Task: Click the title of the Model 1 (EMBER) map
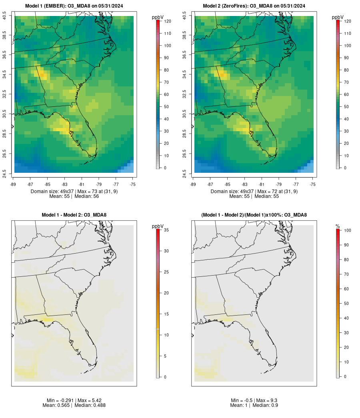pyautogui.click(x=74, y=6)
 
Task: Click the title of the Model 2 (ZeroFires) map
pyautogui.click(x=254, y=6)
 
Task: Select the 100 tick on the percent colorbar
pyautogui.click(x=347, y=230)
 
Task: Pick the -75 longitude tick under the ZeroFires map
pyautogui.click(x=313, y=184)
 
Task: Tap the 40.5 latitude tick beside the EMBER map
pyautogui.click(x=5, y=16)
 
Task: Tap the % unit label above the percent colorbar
pyautogui.click(x=338, y=226)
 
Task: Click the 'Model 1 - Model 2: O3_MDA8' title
pyautogui.click(x=74, y=215)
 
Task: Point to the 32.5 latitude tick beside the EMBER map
pyautogui.click(x=5, y=94)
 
